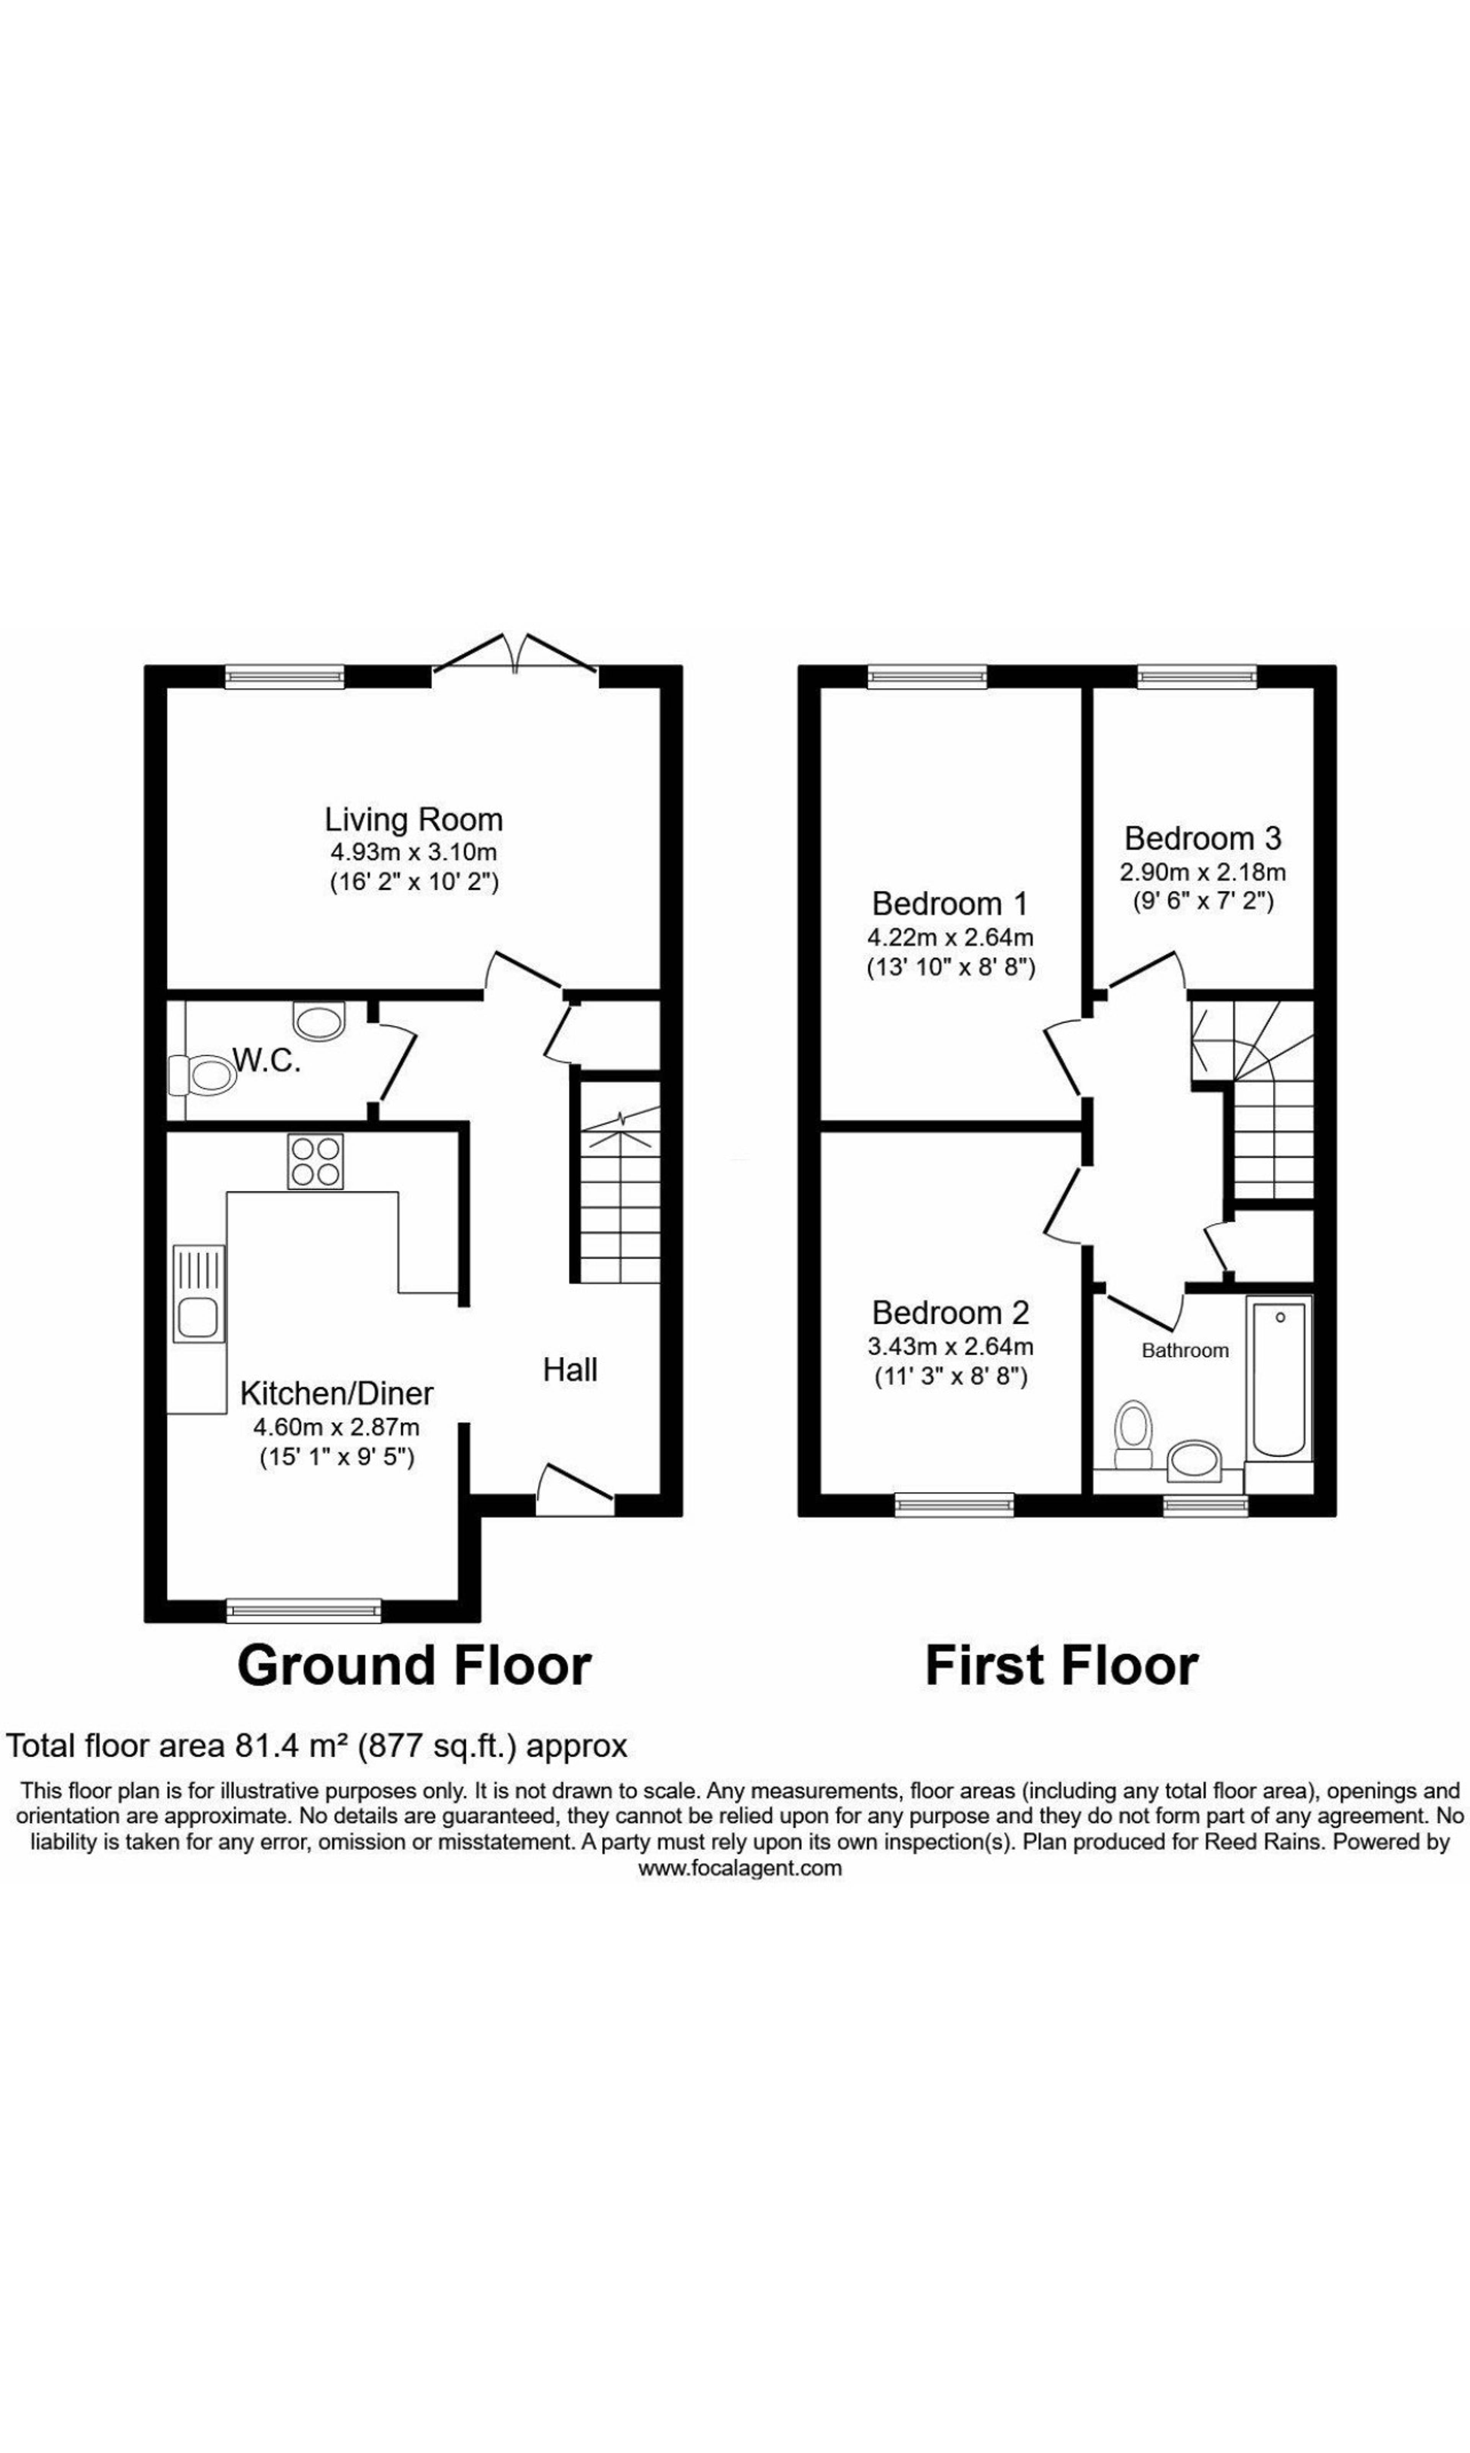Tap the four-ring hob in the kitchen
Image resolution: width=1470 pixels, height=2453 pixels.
315,1161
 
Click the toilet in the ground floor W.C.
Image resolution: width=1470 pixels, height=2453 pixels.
202,1075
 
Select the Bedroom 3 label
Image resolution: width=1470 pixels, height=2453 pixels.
1202,838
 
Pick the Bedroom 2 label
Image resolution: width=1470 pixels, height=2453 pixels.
951,1313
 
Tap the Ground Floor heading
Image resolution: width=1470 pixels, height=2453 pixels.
414,1665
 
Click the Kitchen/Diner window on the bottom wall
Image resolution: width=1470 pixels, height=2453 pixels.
303,1610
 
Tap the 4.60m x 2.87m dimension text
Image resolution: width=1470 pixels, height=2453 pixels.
337,1428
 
